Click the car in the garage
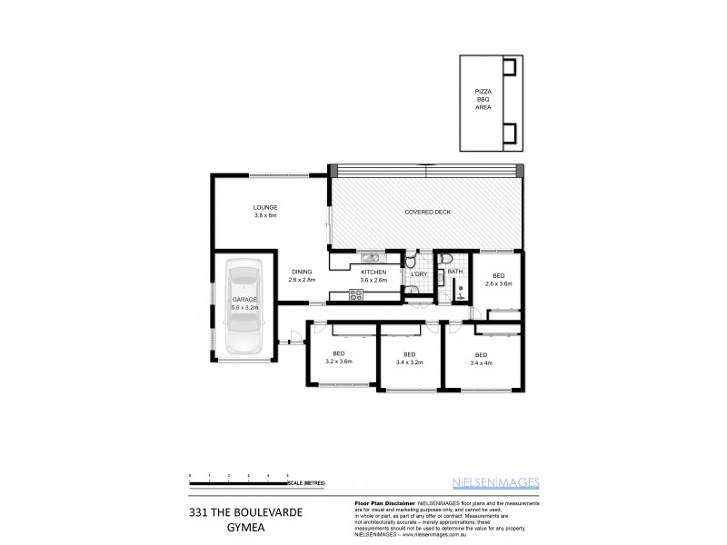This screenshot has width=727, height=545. point(244,307)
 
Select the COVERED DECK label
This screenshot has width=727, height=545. point(427,213)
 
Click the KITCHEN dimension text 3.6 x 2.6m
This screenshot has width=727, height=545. point(374,281)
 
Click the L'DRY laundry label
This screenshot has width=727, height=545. point(419,273)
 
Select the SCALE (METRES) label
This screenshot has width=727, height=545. point(306,482)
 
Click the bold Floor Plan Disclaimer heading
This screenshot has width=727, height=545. point(383,501)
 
